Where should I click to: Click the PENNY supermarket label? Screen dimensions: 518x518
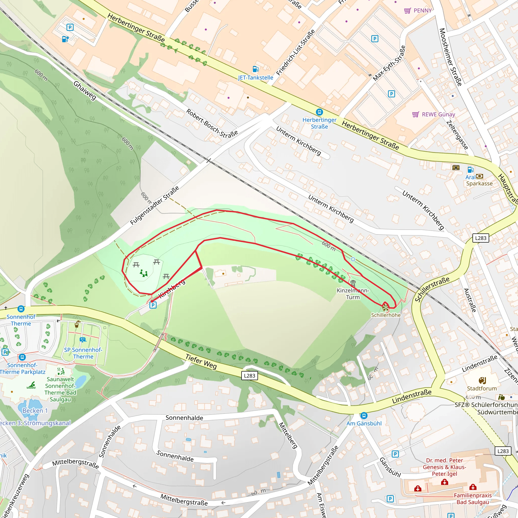click(x=422, y=10)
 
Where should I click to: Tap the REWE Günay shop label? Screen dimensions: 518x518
click(x=438, y=115)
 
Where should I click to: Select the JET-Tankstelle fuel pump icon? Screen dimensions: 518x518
click(x=255, y=69)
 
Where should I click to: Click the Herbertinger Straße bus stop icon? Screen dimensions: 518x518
click(x=319, y=112)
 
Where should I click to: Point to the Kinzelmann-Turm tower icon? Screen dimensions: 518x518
click(x=353, y=283)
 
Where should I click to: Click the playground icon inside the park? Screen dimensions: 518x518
click(x=144, y=273)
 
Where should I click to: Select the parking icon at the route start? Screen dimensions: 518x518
click(x=153, y=305)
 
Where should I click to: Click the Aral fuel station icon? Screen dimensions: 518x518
click(x=470, y=170)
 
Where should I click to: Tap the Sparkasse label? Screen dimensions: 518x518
click(x=479, y=184)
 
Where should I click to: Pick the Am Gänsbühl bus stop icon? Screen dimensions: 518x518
click(x=363, y=416)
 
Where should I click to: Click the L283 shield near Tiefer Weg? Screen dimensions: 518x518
click(x=249, y=376)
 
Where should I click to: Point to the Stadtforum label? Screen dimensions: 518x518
click(x=482, y=388)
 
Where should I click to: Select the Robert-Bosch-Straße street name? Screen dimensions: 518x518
click(x=212, y=123)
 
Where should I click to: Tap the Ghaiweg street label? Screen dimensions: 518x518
click(x=85, y=91)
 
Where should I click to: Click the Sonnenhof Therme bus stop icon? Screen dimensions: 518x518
click(x=21, y=309)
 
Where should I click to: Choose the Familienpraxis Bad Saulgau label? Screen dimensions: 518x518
click(x=473, y=499)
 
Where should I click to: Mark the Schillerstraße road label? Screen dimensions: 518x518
click(x=432, y=289)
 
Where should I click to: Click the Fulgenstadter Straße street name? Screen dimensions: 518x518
click(x=155, y=206)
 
